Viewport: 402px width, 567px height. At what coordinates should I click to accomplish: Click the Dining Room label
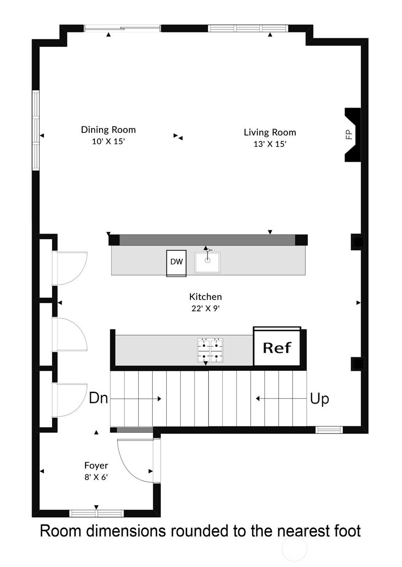[108, 130]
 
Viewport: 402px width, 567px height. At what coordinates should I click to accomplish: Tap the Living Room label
[270, 132]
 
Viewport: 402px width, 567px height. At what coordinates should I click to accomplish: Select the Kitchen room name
[206, 296]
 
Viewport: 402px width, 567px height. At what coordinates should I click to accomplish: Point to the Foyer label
[96, 465]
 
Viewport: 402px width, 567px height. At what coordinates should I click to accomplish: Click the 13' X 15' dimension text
[270, 144]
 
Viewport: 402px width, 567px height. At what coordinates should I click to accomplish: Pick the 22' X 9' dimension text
[205, 309]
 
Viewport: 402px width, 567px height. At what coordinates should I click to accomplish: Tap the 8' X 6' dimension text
[96, 477]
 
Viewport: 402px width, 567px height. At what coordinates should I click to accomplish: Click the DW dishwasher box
[176, 263]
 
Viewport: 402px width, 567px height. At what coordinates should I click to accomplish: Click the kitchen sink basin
[207, 262]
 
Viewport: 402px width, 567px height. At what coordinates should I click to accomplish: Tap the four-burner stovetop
[210, 350]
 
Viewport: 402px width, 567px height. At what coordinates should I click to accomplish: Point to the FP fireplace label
[349, 134]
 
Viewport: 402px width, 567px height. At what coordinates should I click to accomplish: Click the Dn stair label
[98, 398]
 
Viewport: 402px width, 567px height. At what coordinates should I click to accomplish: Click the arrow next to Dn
[136, 398]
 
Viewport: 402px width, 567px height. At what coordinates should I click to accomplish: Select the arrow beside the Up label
[281, 398]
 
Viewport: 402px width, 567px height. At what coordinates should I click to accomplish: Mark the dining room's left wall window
[36, 130]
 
